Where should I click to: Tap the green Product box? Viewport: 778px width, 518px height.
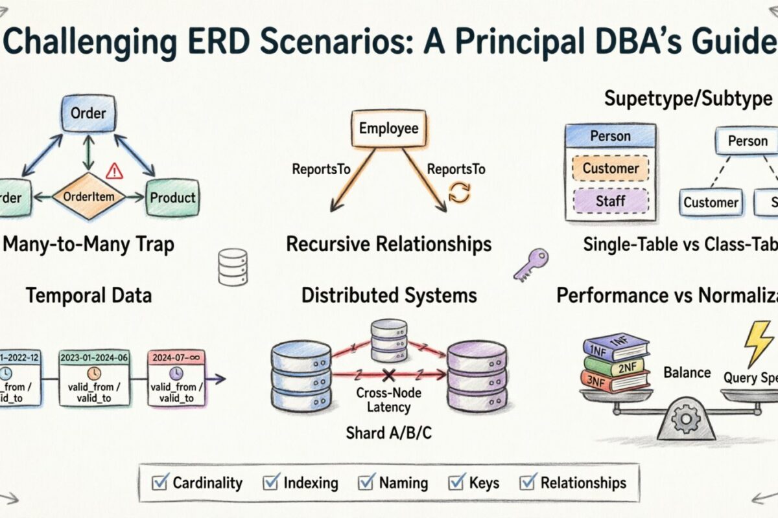click(172, 197)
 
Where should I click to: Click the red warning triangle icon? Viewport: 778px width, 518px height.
click(114, 170)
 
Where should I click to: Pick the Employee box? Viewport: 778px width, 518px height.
click(388, 129)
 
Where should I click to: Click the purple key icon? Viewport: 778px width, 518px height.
click(531, 264)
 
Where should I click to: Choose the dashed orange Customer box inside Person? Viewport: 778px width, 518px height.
click(610, 168)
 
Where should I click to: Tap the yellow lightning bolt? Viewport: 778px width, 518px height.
click(758, 343)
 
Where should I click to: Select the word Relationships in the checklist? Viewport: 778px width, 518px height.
click(583, 483)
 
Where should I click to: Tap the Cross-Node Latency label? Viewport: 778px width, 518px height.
click(389, 400)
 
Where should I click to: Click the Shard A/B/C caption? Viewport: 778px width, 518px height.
click(389, 433)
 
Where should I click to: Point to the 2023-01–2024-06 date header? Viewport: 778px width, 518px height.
click(95, 356)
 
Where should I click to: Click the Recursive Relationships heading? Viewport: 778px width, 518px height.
click(388, 244)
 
